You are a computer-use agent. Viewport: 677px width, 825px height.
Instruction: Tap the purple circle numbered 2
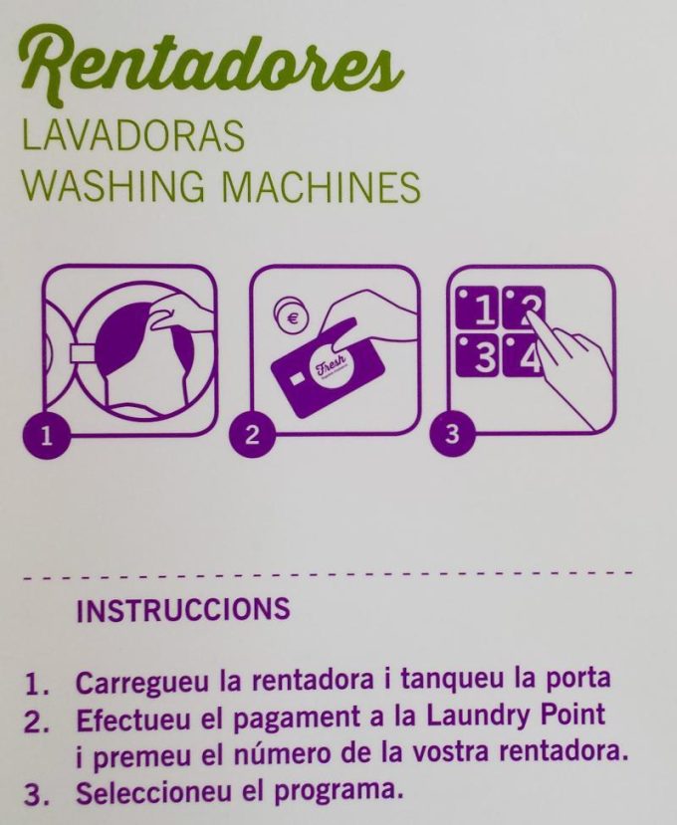[252, 434]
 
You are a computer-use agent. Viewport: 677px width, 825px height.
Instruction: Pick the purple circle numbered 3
[453, 434]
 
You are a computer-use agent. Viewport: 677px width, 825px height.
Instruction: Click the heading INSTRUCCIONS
[182, 609]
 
